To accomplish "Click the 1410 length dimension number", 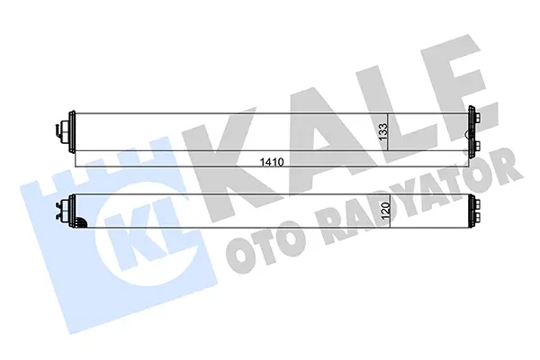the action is [x=272, y=162].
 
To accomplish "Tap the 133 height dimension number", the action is [x=383, y=132].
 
